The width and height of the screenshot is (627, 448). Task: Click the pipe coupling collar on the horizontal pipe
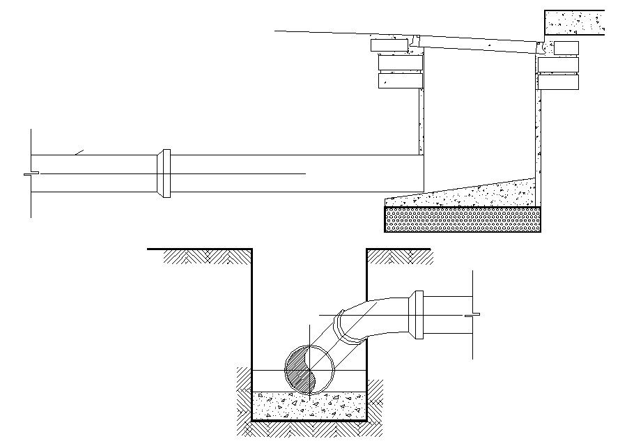(164, 173)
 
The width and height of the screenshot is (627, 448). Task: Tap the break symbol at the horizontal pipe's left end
(28, 173)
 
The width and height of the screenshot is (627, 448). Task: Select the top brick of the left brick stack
(389, 45)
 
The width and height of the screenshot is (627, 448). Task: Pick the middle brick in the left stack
(401, 63)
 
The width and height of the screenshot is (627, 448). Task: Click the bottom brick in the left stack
(401, 81)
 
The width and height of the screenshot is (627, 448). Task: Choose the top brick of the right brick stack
(565, 47)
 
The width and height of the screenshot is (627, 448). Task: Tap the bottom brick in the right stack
(558, 82)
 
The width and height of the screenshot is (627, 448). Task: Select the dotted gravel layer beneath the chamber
(463, 219)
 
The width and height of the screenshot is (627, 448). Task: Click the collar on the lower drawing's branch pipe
(417, 315)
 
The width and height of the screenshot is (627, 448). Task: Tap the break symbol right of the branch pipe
(474, 315)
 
